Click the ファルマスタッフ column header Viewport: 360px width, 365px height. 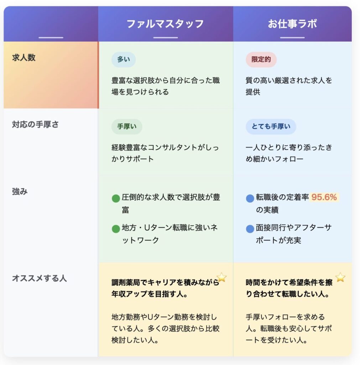tap(165, 24)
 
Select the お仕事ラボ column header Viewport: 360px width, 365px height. tap(292, 24)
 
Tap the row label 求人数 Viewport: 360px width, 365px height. tap(24, 58)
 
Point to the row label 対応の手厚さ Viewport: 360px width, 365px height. tap(35, 124)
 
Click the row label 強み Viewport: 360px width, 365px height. tap(20, 191)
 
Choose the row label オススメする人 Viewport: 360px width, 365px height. tap(39, 278)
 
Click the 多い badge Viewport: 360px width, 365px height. tap(124, 60)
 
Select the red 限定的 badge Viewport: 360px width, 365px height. tap(261, 60)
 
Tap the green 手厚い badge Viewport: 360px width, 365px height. tap(127, 127)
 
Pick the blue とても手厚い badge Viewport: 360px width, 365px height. tap(271, 127)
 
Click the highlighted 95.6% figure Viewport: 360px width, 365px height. tap(324, 197)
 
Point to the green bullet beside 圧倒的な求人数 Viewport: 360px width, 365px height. tap(116, 199)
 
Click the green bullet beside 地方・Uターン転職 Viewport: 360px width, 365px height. tap(116, 228)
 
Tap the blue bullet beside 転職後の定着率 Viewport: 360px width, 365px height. tap(250, 199)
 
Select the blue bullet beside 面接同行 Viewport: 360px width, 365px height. tap(250, 228)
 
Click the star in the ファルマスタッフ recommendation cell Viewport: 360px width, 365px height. tap(222, 277)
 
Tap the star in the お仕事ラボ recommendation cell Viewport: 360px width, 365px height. tap(340, 277)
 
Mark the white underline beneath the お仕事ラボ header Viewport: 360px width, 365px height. tap(292, 37)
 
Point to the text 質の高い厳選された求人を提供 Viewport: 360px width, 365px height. tap(289, 86)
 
